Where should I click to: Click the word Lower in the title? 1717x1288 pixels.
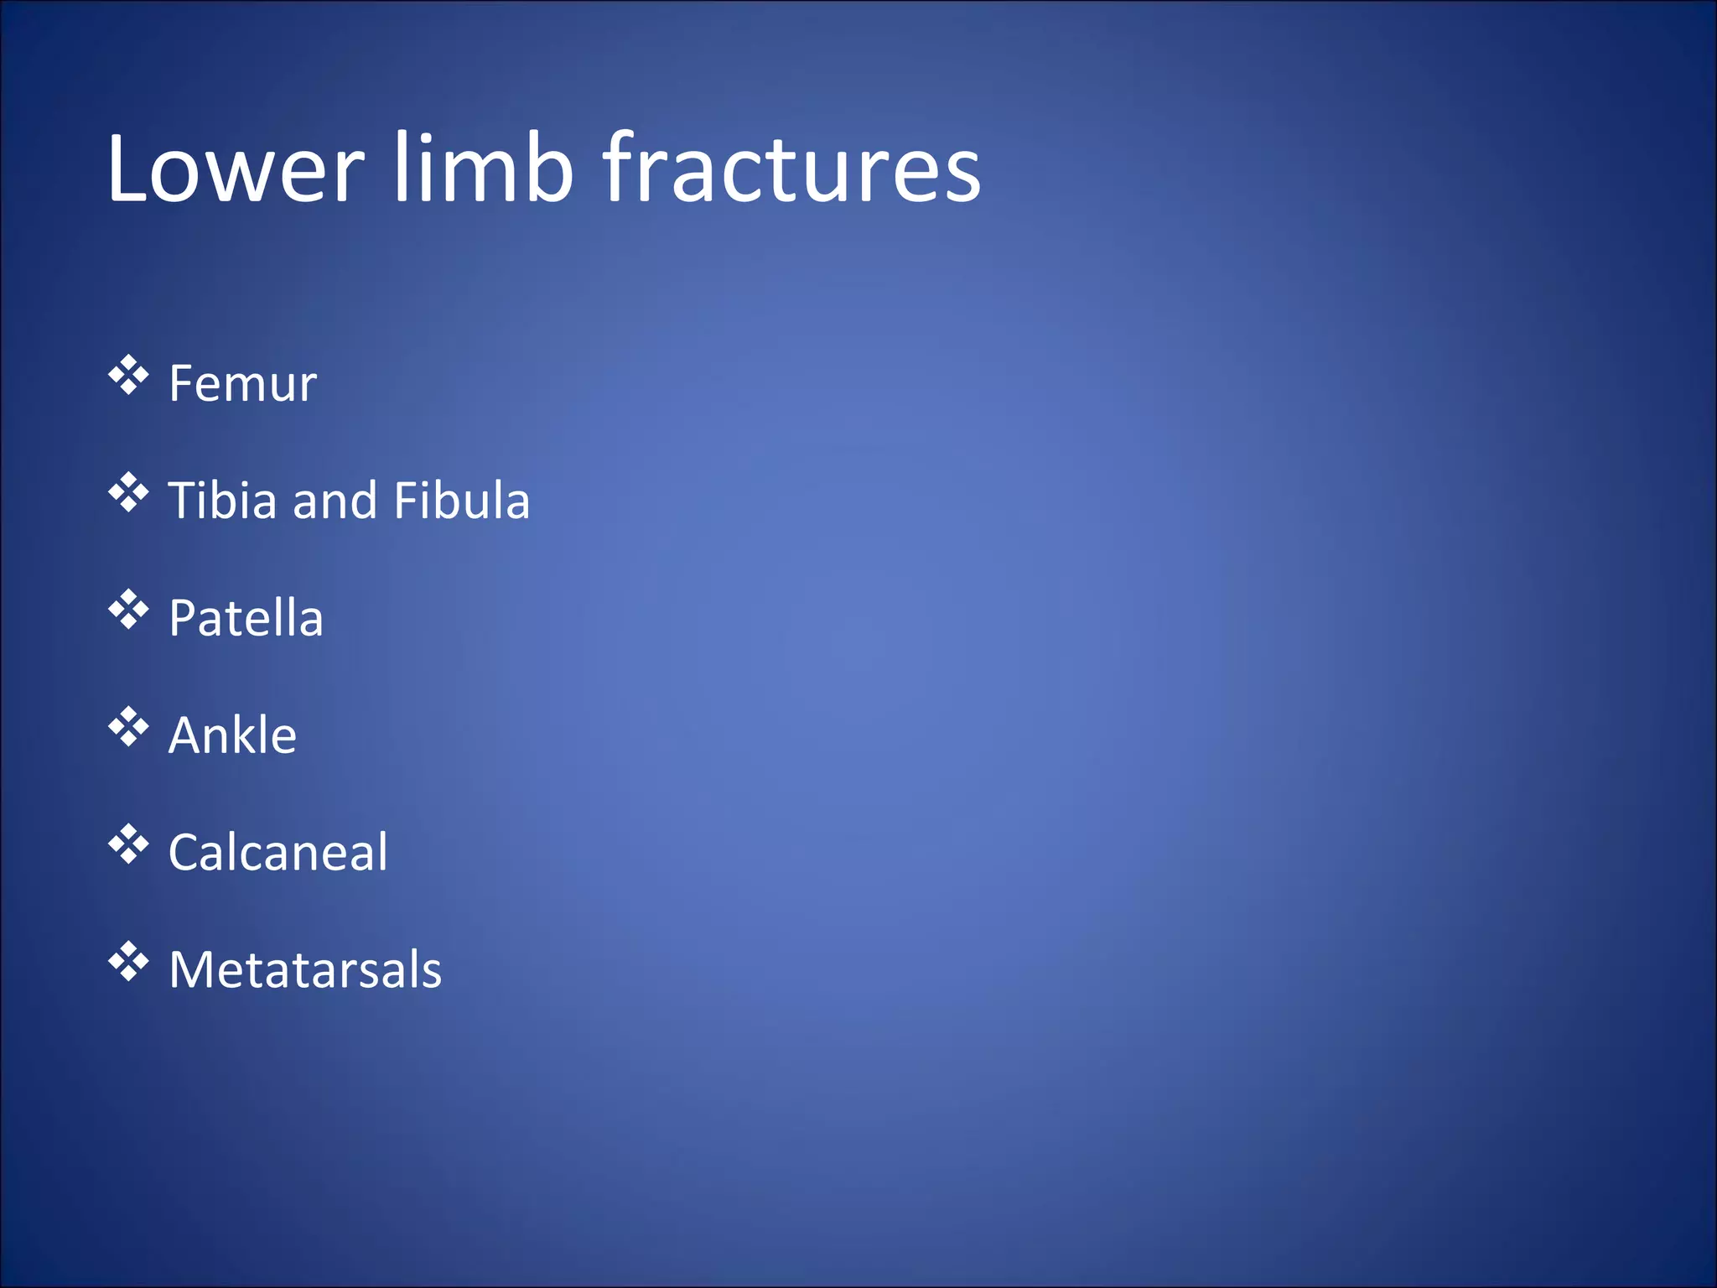click(236, 169)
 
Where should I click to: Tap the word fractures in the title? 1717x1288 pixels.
click(791, 169)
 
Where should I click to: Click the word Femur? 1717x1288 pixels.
click(242, 384)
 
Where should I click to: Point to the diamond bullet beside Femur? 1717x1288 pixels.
click(128, 376)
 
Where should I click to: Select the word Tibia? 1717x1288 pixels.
click(222, 501)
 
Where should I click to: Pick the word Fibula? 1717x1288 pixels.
click(461, 501)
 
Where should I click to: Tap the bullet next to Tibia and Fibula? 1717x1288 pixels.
click(128, 493)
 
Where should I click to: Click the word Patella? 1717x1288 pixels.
click(246, 619)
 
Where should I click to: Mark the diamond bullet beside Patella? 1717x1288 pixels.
click(128, 610)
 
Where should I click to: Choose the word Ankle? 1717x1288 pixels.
click(232, 735)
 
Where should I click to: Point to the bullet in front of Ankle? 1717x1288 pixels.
click(128, 727)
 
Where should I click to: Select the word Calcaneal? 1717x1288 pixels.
click(278, 853)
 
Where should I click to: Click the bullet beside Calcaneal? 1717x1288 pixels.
click(128, 844)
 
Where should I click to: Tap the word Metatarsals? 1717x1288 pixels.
click(305, 970)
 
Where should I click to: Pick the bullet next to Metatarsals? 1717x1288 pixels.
click(128, 962)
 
